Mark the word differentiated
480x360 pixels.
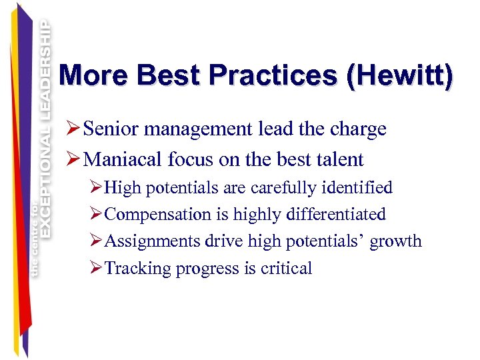[x=336, y=214]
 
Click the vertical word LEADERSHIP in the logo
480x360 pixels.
[x=45, y=67]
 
